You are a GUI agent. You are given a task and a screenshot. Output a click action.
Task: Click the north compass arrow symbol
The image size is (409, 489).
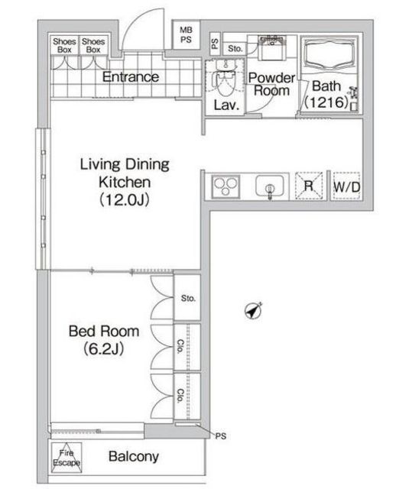(x=254, y=311)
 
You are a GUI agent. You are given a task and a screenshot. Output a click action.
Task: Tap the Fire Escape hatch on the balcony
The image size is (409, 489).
(x=67, y=458)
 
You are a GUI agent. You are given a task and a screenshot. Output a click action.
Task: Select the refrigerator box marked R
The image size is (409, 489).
(x=309, y=186)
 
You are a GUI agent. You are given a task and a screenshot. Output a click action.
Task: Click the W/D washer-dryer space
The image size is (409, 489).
(x=346, y=186)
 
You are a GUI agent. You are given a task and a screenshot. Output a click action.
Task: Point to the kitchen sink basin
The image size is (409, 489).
(x=270, y=186)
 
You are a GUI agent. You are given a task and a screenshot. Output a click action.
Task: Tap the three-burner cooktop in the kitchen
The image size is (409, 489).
(x=226, y=186)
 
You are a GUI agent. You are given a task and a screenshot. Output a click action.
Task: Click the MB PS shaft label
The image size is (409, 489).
(x=186, y=35)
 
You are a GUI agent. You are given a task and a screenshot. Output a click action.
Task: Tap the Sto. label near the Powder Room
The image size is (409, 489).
(x=235, y=49)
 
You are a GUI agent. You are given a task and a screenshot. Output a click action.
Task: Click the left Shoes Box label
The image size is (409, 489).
(x=64, y=46)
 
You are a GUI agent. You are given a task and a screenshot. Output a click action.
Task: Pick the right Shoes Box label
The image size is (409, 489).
(x=93, y=46)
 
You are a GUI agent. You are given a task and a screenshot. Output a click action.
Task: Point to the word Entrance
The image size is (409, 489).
(x=131, y=76)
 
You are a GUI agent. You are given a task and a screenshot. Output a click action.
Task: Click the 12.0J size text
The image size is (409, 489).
(x=125, y=200)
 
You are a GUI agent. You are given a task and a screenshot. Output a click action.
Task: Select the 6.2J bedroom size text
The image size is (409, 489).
(x=104, y=348)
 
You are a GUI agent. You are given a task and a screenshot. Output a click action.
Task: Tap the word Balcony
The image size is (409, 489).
(x=134, y=457)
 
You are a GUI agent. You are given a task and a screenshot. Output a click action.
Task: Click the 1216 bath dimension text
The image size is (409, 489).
(x=326, y=102)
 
